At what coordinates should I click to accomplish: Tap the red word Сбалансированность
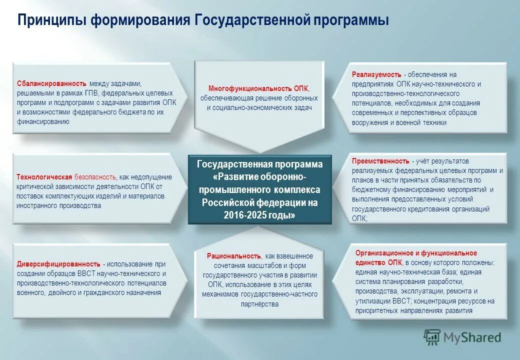coord(51,84)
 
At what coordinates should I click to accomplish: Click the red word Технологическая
coord(44,177)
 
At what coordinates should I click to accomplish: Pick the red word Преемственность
coord(380,161)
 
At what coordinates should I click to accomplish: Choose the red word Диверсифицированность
coord(58,264)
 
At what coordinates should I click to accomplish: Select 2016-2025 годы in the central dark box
coord(259,214)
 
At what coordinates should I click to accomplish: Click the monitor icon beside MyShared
coord(432,337)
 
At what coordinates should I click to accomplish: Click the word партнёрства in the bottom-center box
coord(259,304)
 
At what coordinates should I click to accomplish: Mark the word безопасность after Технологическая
coord(95,177)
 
